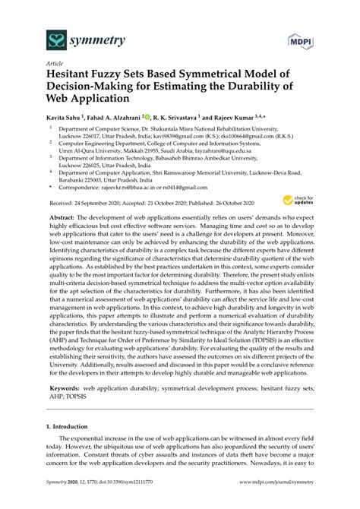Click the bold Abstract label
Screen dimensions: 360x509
[62, 217]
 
